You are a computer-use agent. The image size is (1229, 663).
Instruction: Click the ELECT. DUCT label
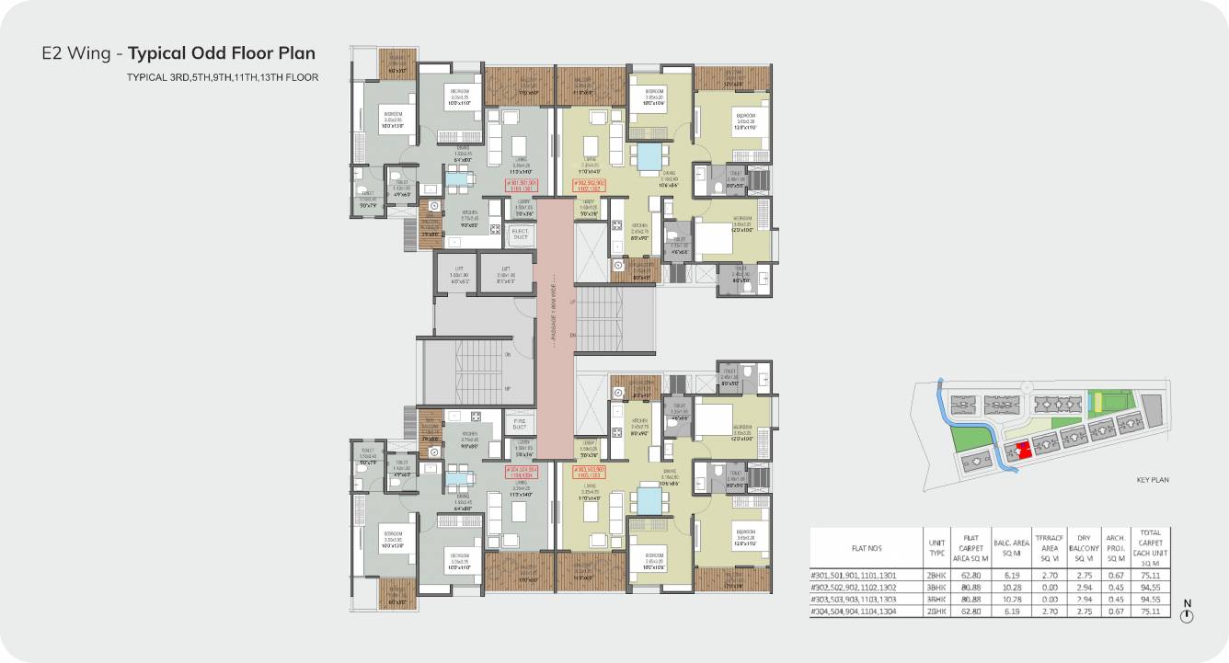520,234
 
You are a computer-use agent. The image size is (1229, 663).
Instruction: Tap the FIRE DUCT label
520,424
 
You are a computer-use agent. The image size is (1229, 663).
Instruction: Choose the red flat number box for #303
590,472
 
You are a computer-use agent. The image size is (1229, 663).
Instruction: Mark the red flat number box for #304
521,472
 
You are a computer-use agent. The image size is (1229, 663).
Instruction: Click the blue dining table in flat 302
651,152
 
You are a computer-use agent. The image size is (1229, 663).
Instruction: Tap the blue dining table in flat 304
458,476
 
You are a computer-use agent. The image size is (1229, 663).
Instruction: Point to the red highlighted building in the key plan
1022,447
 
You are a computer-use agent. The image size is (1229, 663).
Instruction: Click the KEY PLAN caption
1153,479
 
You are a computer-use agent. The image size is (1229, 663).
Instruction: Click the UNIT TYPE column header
937,549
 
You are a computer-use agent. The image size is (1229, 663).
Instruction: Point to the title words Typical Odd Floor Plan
221,52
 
